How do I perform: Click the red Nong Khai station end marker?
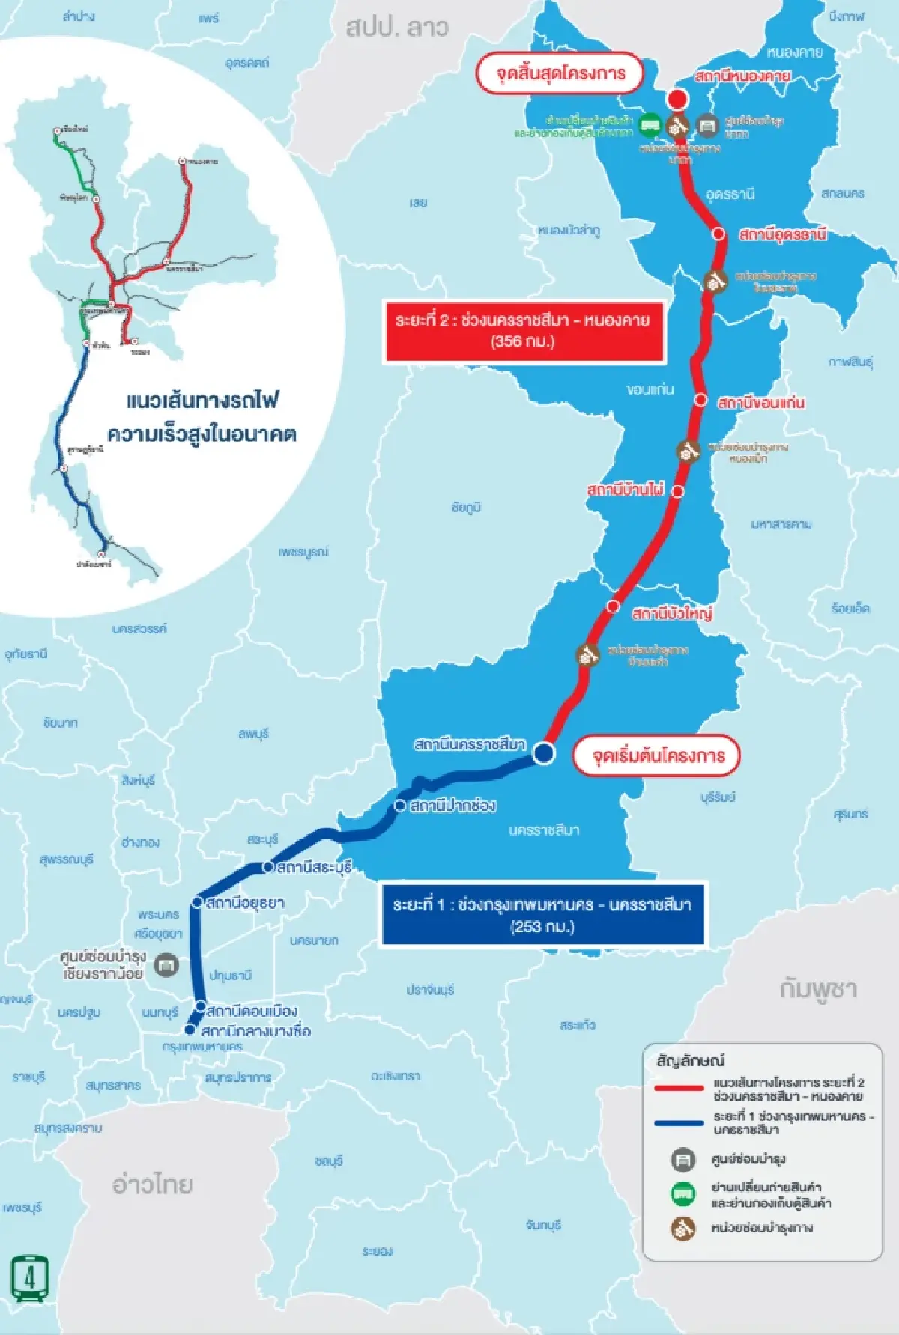(x=677, y=100)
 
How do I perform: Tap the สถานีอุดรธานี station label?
(x=782, y=234)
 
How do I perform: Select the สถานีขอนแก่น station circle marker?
(x=700, y=401)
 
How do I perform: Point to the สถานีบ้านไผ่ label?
(x=626, y=490)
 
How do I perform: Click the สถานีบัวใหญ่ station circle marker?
(x=614, y=606)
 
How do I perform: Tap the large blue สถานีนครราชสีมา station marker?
(x=544, y=752)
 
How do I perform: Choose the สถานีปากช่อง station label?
(x=453, y=806)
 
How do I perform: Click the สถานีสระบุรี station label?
(x=314, y=868)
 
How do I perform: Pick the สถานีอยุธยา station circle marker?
(x=197, y=903)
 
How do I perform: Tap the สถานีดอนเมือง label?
(x=252, y=1011)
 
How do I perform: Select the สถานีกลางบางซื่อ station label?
(x=255, y=1031)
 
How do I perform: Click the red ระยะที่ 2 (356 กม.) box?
(x=523, y=331)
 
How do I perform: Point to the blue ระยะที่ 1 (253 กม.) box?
(x=542, y=915)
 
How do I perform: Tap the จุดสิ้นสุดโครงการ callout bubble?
(x=560, y=73)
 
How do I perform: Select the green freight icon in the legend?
(x=682, y=1193)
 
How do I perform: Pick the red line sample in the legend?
(x=679, y=1088)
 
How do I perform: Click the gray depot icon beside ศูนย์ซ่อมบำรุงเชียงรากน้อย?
(x=166, y=965)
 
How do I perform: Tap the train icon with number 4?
(x=30, y=1278)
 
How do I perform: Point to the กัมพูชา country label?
(x=817, y=989)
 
